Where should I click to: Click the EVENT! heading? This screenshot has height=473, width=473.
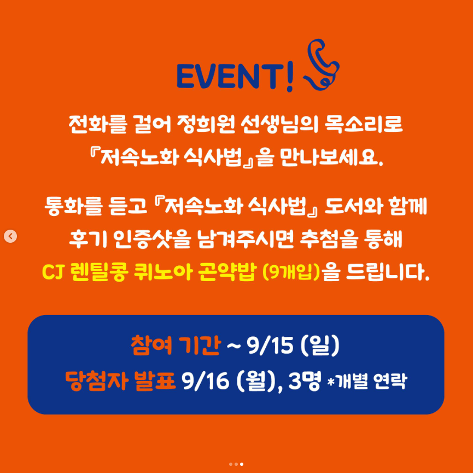tap(235, 77)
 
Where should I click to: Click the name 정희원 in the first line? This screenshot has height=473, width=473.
tap(206, 124)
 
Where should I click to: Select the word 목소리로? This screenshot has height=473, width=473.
tap(364, 124)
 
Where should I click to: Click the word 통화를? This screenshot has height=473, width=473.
tap(73, 206)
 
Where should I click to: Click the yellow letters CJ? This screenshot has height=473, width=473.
tap(52, 272)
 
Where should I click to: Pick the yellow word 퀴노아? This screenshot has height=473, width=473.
tap(162, 272)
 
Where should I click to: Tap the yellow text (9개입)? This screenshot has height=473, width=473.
tap(291, 272)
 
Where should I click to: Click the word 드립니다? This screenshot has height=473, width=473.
tap(387, 272)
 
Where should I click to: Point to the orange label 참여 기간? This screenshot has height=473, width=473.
tap(176, 346)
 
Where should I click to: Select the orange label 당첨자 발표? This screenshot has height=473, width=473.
tap(120, 381)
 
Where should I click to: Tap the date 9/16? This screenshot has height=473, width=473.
tap(205, 381)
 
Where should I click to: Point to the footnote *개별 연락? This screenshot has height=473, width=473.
tap(367, 382)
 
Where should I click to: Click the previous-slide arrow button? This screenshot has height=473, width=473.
tap(10, 236)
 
